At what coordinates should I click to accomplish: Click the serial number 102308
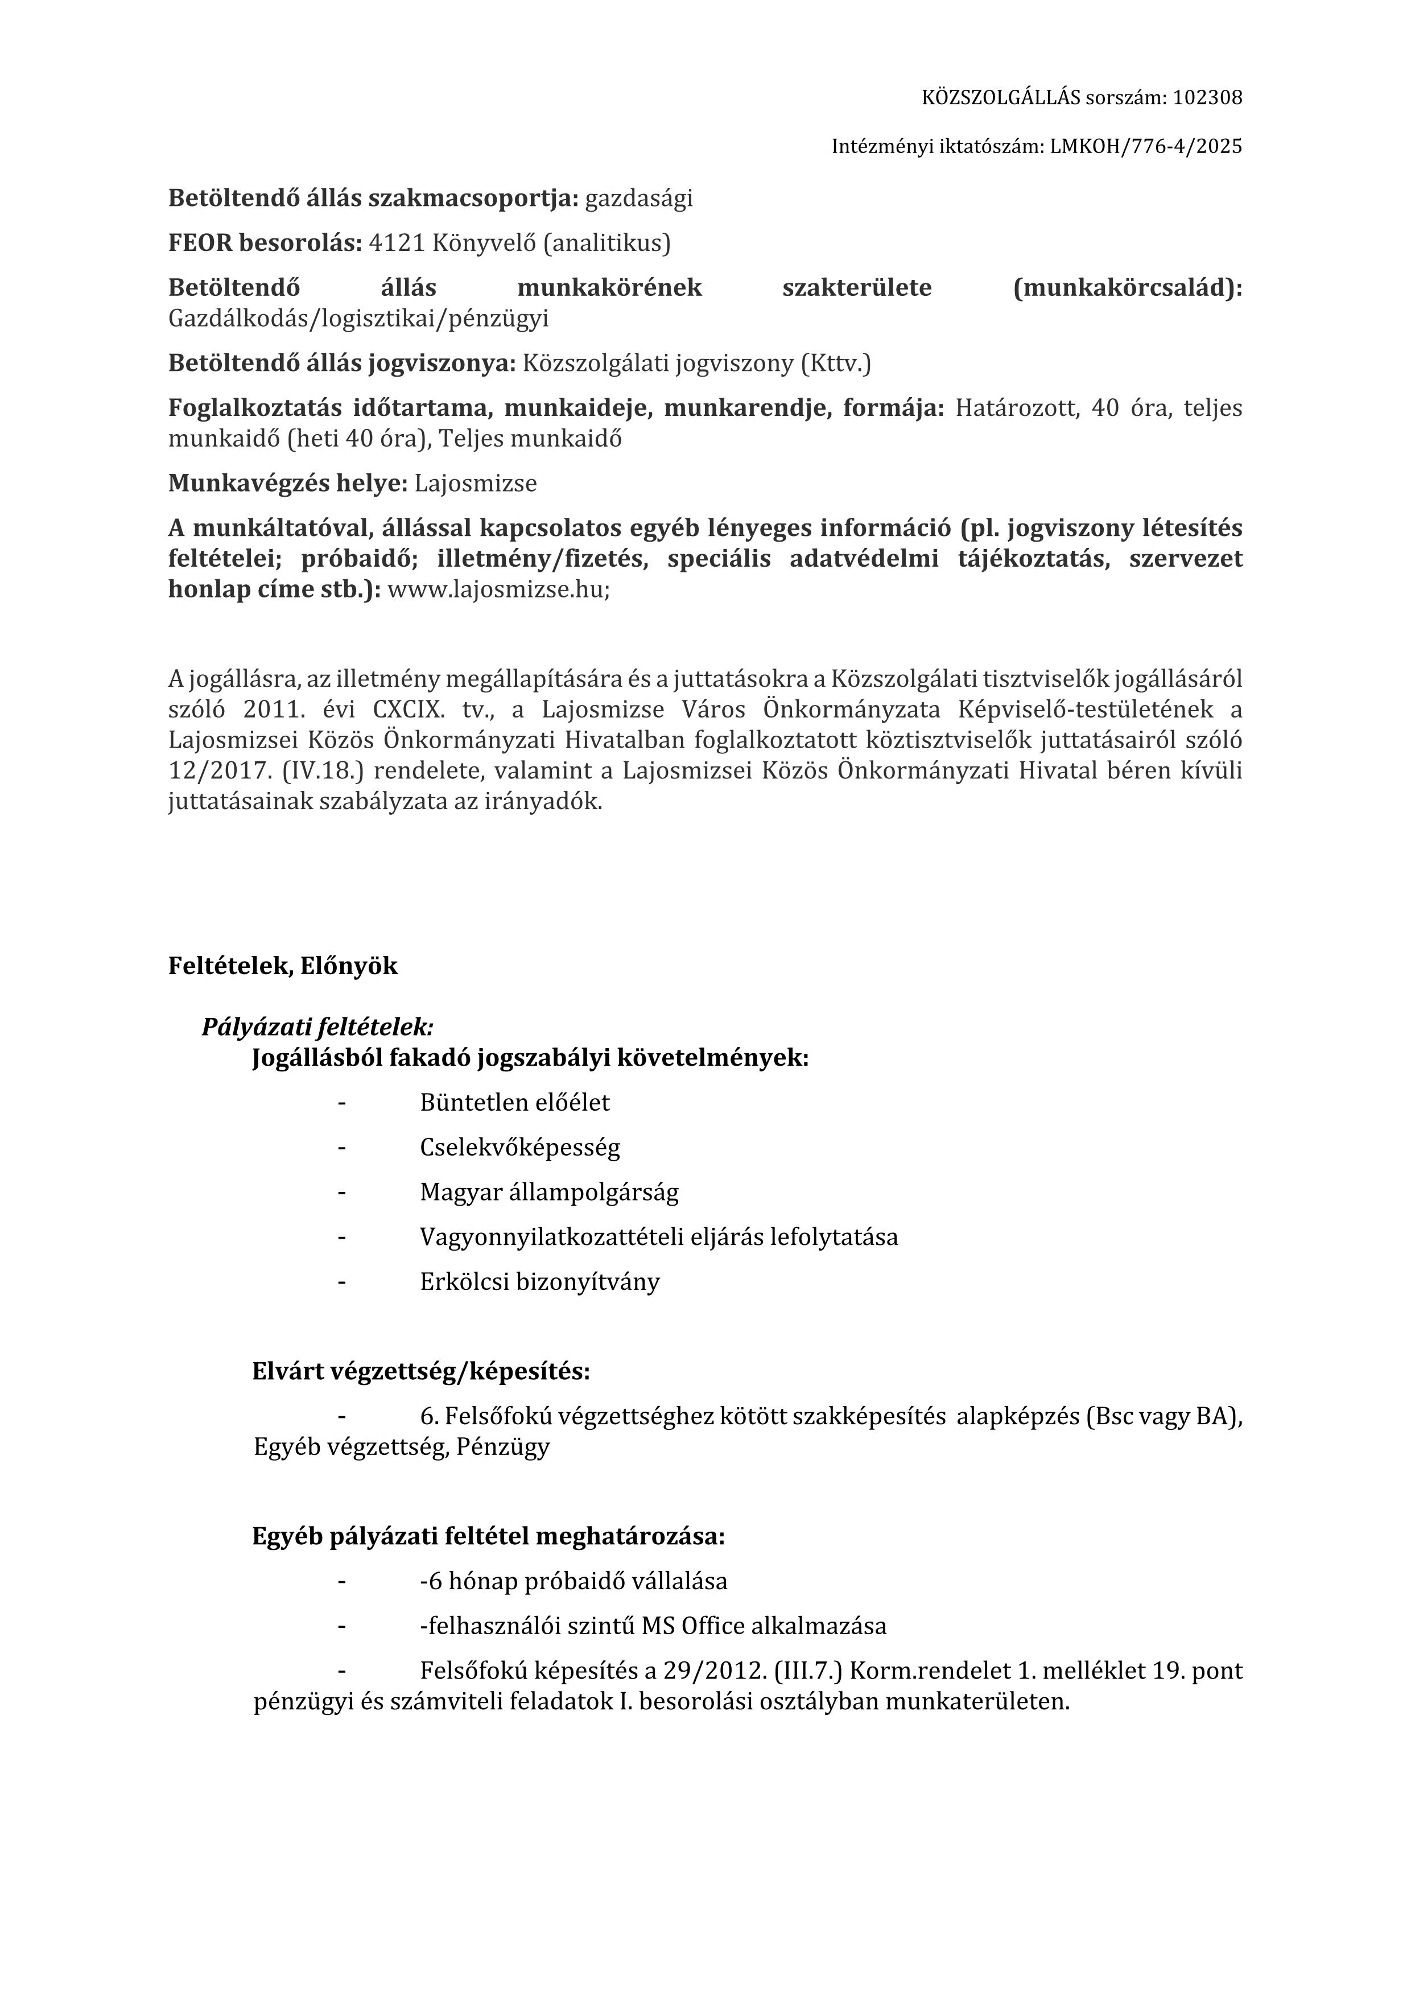coord(1207,97)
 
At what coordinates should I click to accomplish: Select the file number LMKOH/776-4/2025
coord(1146,146)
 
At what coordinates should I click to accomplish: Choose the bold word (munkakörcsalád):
coord(1128,288)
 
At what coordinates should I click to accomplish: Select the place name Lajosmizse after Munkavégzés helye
coord(476,482)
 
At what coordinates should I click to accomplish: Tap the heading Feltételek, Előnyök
coord(283,966)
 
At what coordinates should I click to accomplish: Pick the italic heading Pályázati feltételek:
coord(317,1026)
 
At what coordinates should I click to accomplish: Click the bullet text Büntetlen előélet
coord(515,1102)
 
